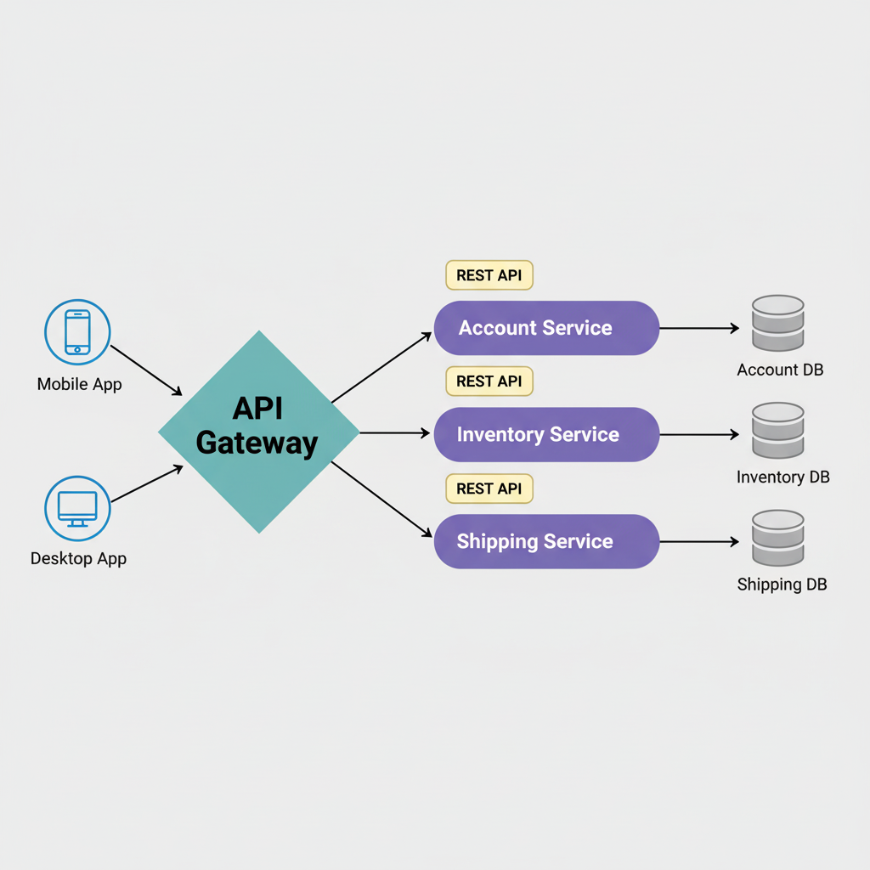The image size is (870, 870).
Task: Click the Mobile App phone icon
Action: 77,332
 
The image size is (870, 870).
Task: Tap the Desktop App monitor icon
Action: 77,508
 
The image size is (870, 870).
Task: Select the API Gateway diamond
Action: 258,432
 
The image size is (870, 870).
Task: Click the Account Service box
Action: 546,328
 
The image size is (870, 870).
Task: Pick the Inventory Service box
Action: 546,434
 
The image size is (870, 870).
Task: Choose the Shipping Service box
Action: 546,541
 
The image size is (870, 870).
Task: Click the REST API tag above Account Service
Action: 489,275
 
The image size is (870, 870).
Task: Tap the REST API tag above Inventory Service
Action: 489,381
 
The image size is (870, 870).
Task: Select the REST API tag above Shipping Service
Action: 489,489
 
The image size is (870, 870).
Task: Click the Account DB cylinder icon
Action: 778,323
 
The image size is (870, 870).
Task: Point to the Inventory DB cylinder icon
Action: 778,431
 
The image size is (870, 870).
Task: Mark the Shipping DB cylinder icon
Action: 778,538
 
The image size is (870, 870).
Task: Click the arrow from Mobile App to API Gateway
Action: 146,370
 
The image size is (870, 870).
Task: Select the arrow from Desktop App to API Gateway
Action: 146,483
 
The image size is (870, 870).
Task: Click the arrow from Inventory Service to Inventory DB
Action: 698,434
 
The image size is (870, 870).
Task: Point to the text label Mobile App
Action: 79,384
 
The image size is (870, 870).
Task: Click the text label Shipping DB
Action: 782,585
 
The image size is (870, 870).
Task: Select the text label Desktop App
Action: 78,559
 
